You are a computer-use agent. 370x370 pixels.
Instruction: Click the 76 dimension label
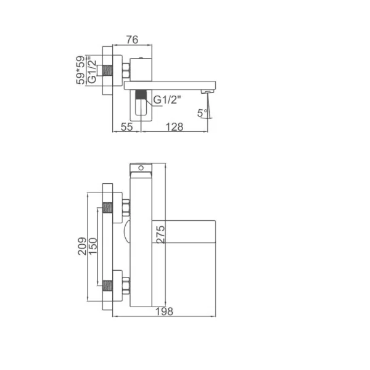[132, 39]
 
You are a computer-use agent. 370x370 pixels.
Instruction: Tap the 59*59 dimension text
[80, 70]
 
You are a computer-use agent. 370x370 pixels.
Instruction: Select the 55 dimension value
[126, 127]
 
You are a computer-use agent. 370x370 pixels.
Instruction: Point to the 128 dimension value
[175, 127]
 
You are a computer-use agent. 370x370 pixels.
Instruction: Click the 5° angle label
[203, 113]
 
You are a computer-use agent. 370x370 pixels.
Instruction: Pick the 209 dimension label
[82, 246]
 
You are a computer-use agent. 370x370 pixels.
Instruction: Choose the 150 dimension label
[93, 246]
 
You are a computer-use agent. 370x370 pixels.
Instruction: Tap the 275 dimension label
[161, 234]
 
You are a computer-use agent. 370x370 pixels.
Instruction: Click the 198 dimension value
[164, 311]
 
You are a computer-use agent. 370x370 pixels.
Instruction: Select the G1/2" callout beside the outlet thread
[167, 100]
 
